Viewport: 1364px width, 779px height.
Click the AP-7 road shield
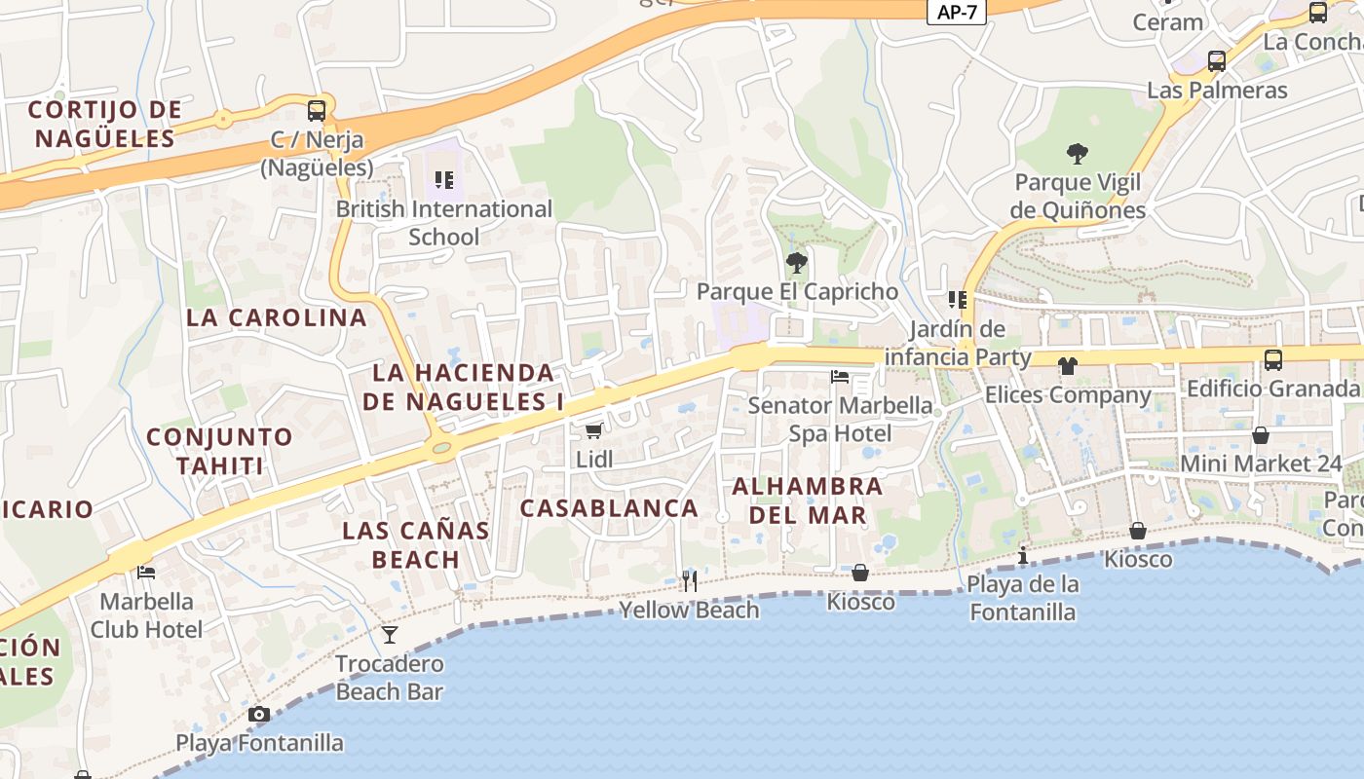click(x=956, y=12)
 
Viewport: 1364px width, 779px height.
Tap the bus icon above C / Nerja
click(x=317, y=110)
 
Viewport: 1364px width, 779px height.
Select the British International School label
click(x=444, y=222)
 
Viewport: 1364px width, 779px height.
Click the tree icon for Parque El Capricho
click(x=796, y=262)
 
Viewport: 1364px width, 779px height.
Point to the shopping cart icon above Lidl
click(x=593, y=430)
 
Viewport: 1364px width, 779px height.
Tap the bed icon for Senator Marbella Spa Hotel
click(x=839, y=376)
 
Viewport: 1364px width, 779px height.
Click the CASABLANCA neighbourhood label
click(x=609, y=507)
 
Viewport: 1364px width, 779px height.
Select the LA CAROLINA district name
click(x=277, y=317)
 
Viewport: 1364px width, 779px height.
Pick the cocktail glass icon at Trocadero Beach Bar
click(x=390, y=635)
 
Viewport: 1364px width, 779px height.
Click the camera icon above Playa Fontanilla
click(x=258, y=714)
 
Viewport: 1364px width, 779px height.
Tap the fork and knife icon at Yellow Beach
click(x=689, y=581)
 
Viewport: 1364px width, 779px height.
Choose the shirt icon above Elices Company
click(x=1068, y=366)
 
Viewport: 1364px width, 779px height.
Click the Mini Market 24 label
click(x=1261, y=464)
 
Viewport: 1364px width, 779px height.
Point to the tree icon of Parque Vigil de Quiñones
click(x=1077, y=153)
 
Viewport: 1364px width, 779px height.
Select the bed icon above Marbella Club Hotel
click(x=146, y=572)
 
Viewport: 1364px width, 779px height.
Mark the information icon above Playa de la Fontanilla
click(x=1022, y=556)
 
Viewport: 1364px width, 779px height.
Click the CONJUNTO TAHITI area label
click(x=219, y=451)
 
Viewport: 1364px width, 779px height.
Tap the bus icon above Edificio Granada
click(x=1272, y=360)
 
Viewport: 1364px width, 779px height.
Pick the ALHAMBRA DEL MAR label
click(x=808, y=500)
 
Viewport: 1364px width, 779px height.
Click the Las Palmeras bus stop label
click(x=1217, y=90)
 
